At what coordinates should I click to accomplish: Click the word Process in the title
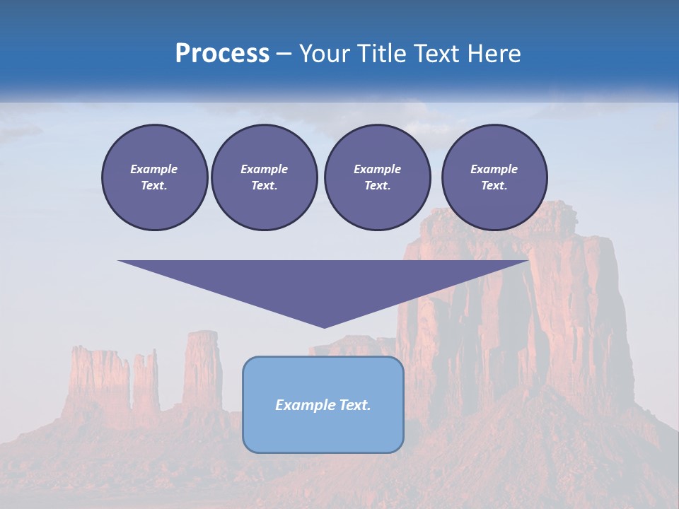[222, 54]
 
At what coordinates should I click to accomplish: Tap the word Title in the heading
[379, 54]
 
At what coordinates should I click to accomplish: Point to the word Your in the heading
[325, 54]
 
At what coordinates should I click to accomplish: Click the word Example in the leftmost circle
[154, 169]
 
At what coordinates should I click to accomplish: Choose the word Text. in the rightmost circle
[494, 185]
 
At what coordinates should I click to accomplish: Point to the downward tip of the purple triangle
[324, 326]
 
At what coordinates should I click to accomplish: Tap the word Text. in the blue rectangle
[354, 405]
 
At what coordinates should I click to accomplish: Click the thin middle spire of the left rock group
[146, 382]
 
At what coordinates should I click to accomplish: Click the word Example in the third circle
[377, 169]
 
